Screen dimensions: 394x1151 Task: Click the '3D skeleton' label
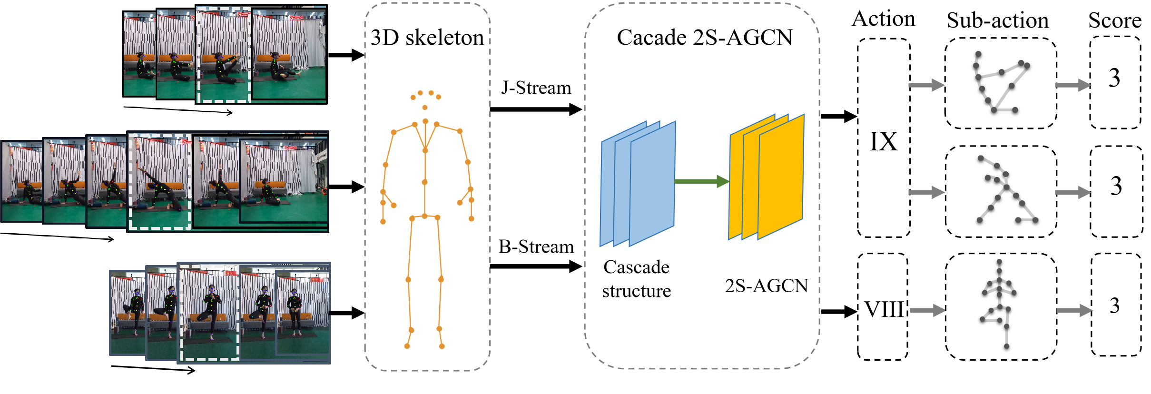click(x=427, y=38)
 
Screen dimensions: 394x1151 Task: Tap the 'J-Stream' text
click(x=536, y=88)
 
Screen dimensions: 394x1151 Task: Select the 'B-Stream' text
click(x=536, y=247)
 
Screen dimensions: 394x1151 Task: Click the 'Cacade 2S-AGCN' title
click(x=704, y=38)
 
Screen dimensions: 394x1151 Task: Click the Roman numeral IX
click(x=884, y=142)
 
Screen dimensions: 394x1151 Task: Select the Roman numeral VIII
click(x=884, y=310)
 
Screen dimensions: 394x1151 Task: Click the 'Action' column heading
click(x=884, y=19)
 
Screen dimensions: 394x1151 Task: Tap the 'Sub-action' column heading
click(x=998, y=20)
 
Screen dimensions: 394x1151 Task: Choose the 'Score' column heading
click(x=1114, y=20)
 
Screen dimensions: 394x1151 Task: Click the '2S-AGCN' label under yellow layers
click(x=766, y=286)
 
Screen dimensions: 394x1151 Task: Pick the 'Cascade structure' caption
click(x=636, y=279)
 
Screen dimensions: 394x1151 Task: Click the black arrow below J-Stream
click(x=535, y=109)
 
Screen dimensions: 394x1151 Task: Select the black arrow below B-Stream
click(x=535, y=266)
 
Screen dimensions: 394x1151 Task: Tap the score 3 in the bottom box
click(x=1114, y=305)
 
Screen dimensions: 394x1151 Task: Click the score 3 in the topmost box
click(x=1114, y=78)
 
